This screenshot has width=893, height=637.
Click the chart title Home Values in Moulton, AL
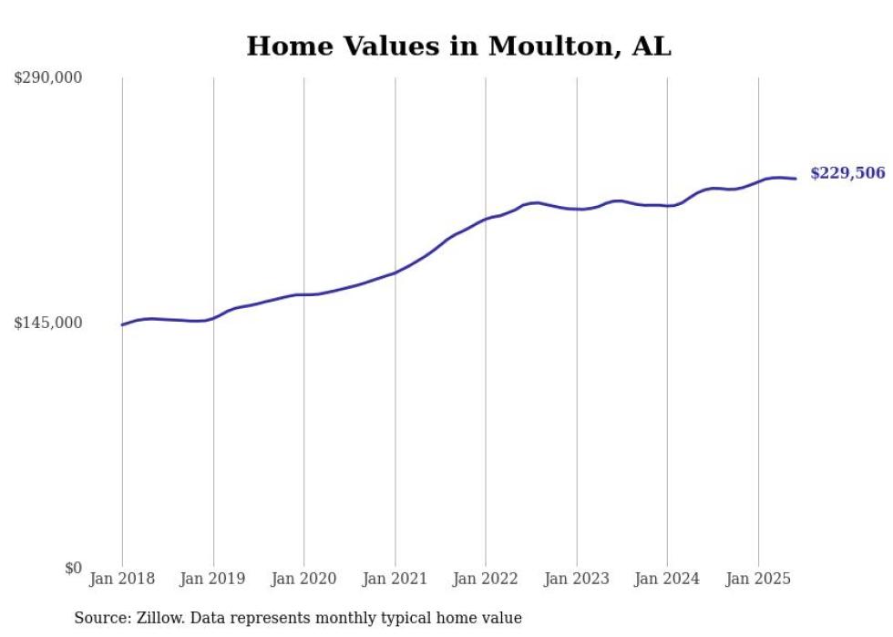pos(458,46)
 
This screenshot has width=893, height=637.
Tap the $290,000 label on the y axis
pos(47,77)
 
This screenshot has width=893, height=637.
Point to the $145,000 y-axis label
pos(47,323)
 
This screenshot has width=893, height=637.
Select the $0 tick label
pos(73,568)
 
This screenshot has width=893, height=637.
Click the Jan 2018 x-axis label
pos(122,579)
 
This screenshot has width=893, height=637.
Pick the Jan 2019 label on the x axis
pos(213,579)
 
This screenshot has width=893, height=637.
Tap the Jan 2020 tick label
pos(304,579)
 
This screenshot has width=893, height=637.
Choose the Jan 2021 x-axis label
pos(395,579)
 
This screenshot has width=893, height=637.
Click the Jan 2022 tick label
pos(486,579)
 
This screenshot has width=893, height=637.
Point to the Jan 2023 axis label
pos(577,579)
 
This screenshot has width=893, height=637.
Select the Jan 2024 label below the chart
pos(667,579)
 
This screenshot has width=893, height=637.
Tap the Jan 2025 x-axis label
pos(758,579)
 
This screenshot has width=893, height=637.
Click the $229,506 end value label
pos(847,173)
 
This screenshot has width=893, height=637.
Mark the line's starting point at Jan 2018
pos(122,324)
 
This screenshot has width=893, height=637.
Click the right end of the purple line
pos(796,179)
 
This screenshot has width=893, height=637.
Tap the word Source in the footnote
pos(98,618)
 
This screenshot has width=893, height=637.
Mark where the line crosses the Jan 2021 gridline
pos(395,272)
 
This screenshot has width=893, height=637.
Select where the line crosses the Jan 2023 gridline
pos(577,209)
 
